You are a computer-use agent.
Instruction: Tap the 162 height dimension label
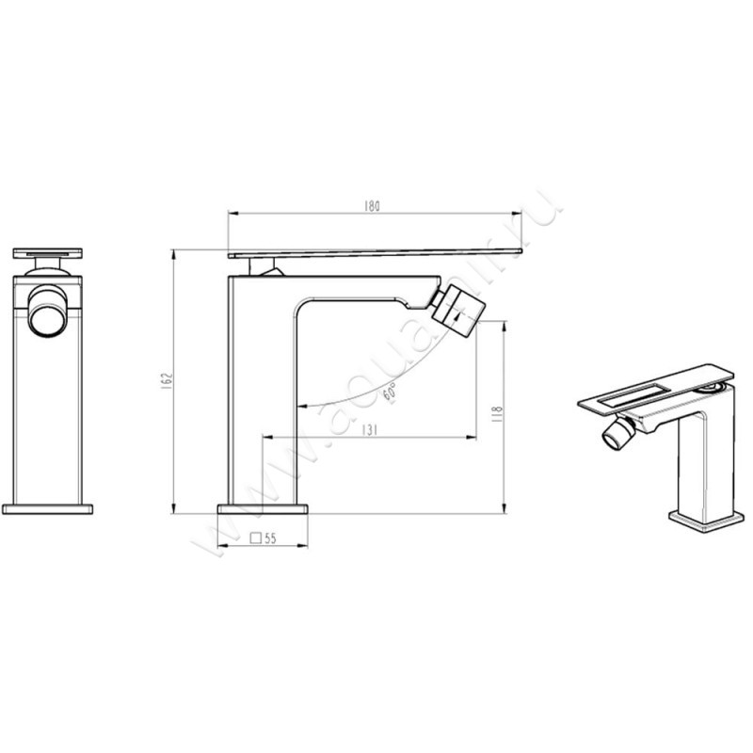click(x=167, y=381)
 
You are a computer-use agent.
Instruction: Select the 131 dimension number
click(x=370, y=429)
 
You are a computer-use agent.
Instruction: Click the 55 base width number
click(x=269, y=539)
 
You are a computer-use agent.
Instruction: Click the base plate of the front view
click(x=48, y=508)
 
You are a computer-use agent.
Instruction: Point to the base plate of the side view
click(x=264, y=508)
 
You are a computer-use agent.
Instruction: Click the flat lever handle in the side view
click(x=376, y=252)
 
